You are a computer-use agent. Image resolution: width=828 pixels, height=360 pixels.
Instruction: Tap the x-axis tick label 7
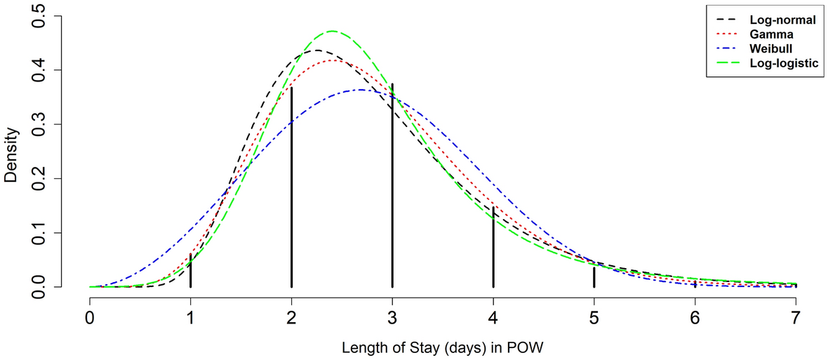point(796,318)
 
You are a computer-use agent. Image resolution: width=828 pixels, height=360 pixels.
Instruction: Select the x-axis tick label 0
point(90,318)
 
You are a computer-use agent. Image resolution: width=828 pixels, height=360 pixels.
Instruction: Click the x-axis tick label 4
point(493,318)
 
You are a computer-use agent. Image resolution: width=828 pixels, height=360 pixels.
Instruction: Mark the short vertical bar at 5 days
point(594,276)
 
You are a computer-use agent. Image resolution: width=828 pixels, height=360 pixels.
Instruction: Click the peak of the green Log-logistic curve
point(332,31)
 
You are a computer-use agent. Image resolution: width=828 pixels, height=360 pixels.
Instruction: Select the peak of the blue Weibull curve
point(360,90)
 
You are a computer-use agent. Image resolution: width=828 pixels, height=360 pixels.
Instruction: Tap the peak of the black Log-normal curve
point(317,50)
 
